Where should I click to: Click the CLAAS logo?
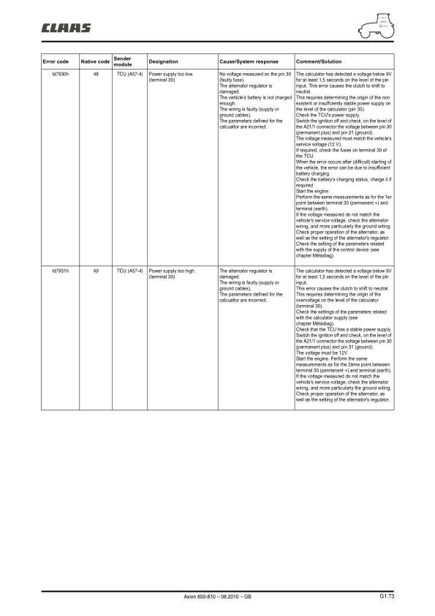coord(66,28)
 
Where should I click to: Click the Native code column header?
coord(95,61)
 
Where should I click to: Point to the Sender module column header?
coord(123,61)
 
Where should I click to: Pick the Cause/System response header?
coord(249,61)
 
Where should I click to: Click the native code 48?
coord(96,75)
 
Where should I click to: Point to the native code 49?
coord(96,271)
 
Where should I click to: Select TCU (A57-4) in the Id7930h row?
coord(129,75)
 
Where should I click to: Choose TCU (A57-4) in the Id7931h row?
coord(129,271)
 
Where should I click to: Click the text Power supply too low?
coord(170,75)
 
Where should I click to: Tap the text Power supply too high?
coord(171,271)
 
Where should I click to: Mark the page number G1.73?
coord(387,597)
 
